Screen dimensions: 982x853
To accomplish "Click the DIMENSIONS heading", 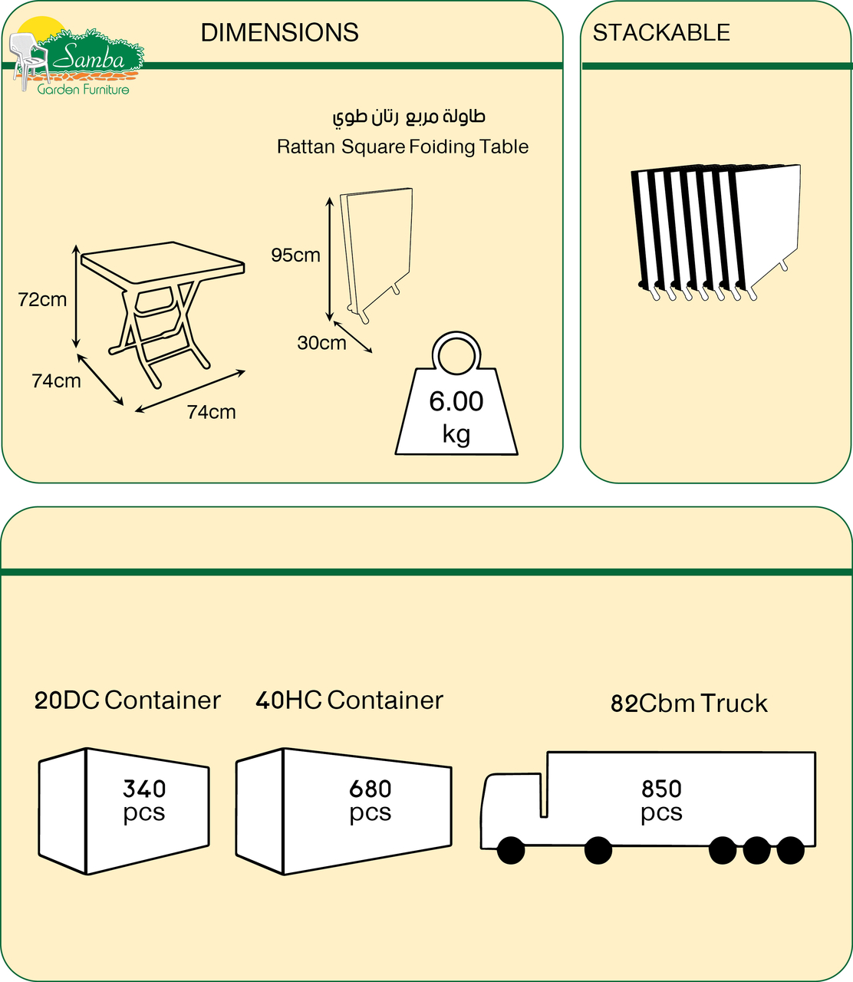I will pos(279,33).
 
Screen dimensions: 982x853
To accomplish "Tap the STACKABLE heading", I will pos(661,33).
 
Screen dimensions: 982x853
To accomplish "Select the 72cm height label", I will pos(42,300).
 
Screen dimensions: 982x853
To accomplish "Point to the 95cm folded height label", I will pos(295,255).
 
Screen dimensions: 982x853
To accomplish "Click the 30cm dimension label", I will pos(321,343).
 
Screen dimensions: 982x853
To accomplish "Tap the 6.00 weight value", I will pos(456,401).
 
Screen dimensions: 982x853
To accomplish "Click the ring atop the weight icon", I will pos(457,354).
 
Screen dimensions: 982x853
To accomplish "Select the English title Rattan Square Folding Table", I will pos(403,147).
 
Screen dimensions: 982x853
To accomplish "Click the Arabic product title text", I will pos(409,117).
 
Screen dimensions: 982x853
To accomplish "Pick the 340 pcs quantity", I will pos(144,800).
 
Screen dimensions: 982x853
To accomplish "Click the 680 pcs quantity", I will pos(370,800).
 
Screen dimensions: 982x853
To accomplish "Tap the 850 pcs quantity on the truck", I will pos(661,800).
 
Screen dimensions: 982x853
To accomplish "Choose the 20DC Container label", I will pos(127,700).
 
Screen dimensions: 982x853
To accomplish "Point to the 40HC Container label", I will pos(349,700).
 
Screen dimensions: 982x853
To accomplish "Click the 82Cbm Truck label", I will pos(689,704).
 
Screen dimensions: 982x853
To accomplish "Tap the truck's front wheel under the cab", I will pos(511,850).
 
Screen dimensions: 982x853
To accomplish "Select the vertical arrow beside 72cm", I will pos(76,297).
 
